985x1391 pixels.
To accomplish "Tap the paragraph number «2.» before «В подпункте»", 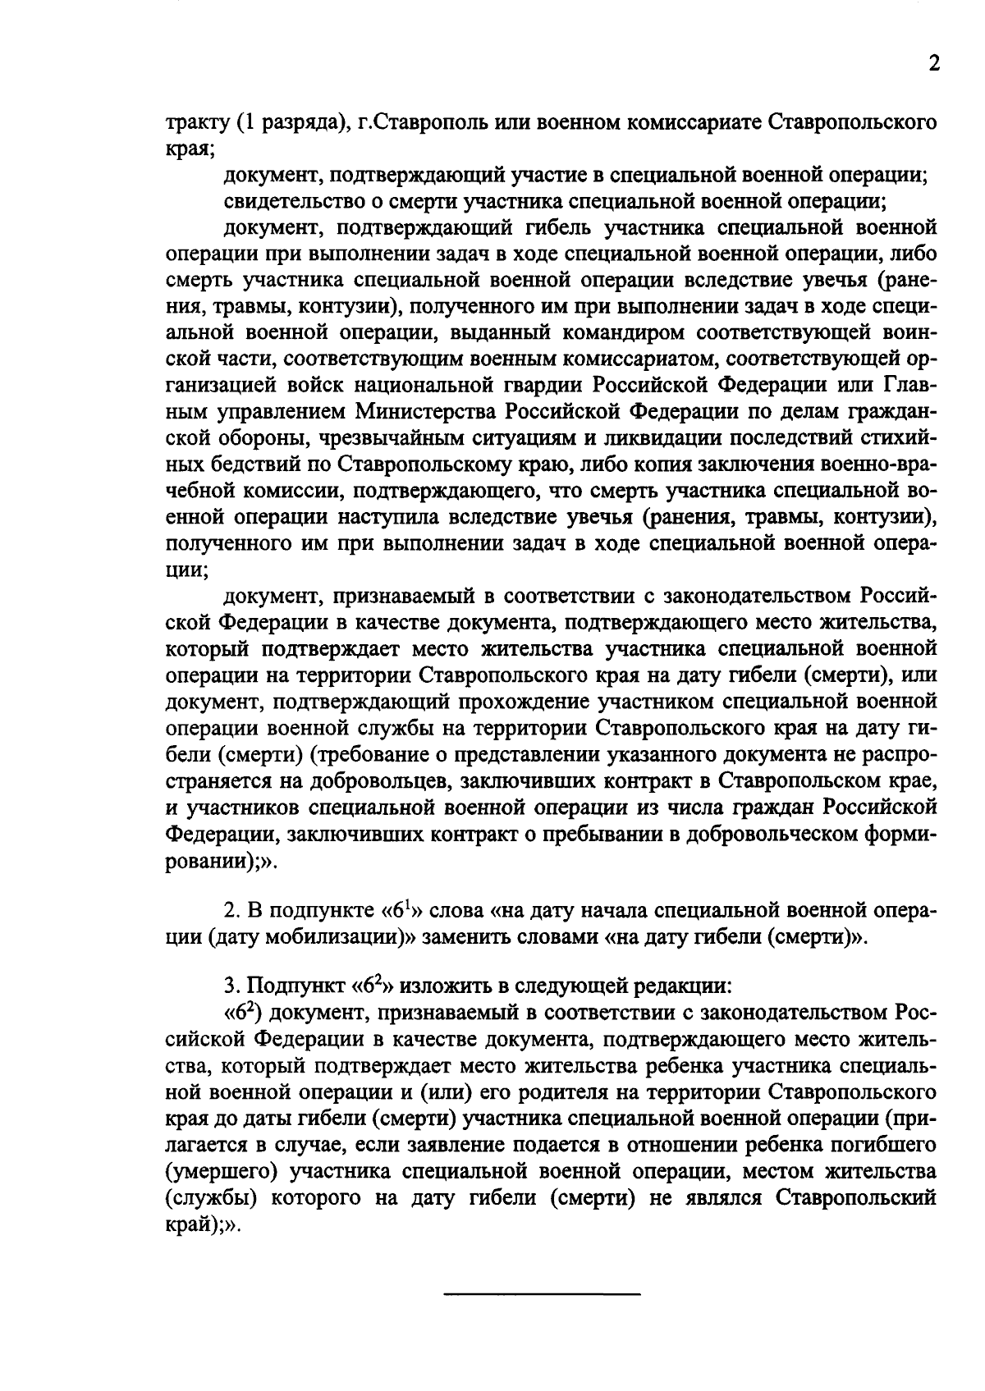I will click(x=232, y=911).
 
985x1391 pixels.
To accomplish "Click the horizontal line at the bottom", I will click(x=542, y=1294).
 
